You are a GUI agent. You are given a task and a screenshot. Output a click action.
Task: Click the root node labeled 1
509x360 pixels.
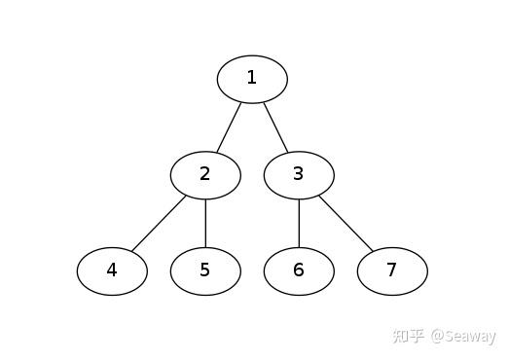coord(252,79)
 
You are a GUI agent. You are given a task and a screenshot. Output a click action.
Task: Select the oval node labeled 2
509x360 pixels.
coord(205,175)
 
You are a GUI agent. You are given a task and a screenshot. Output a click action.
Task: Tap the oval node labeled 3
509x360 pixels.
coord(299,175)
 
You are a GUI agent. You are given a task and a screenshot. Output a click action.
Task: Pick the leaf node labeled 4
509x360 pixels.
coord(112,271)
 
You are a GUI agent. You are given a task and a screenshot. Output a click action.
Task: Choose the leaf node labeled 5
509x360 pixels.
coord(205,271)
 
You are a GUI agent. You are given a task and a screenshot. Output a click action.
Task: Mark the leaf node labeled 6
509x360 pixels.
coord(299,271)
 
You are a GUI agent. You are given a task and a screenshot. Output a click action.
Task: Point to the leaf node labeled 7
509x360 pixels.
coord(392,271)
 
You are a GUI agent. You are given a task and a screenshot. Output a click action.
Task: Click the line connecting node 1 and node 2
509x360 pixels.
coord(229,127)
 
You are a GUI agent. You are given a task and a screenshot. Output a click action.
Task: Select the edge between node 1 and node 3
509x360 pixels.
coord(275,127)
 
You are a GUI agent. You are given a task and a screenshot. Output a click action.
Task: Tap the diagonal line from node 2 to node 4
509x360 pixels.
coord(159,224)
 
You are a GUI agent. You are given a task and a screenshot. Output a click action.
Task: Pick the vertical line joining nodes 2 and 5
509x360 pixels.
coord(205,224)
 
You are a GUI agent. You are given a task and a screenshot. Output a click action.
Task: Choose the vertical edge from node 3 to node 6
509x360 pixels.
coord(299,224)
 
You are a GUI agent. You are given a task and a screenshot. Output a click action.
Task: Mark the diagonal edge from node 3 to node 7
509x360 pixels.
coord(346,224)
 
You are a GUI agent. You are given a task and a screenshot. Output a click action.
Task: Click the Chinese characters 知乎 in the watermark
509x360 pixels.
coord(408,336)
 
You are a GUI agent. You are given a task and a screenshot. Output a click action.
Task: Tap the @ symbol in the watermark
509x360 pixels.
coord(438,337)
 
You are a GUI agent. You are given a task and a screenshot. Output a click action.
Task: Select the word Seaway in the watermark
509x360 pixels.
coord(470,337)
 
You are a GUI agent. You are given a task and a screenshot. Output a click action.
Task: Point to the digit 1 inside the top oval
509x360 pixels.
coord(252,78)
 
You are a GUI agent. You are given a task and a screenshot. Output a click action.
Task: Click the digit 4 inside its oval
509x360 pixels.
coord(112,270)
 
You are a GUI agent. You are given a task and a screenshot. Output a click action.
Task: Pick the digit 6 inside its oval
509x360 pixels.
coord(299,270)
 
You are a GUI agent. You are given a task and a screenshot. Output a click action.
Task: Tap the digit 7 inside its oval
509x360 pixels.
coord(392,270)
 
